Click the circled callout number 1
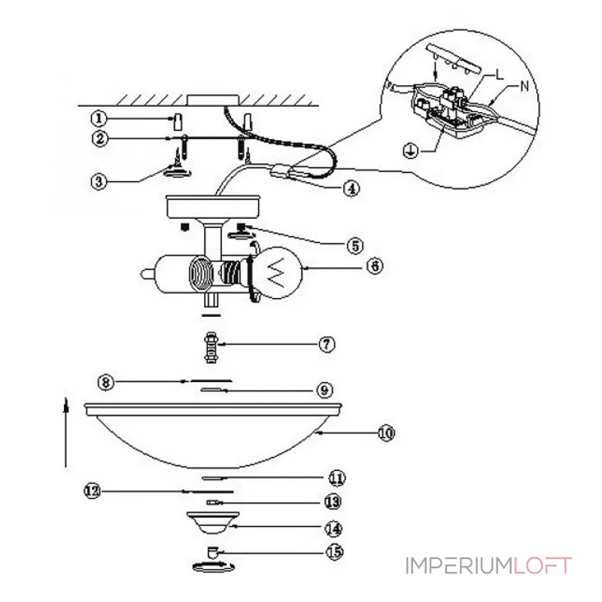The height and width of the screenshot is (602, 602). pos(99,118)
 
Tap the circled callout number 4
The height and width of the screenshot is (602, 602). pos(351,188)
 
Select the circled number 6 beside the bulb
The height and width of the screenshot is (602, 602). pos(375,266)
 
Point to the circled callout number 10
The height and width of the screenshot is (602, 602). pos(386,433)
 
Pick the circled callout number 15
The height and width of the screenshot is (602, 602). pos(334,552)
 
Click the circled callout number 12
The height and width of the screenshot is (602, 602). pos(92,491)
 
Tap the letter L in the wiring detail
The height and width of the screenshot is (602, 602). pos(499,74)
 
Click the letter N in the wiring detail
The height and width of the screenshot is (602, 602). pos(524,86)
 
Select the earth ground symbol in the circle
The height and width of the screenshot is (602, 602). pos(410,150)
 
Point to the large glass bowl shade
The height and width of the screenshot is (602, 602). pos(213,436)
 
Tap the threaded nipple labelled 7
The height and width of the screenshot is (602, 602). pos(211,348)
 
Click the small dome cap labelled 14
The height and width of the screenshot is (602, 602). pos(213,522)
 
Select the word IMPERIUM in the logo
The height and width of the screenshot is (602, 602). pos(459,566)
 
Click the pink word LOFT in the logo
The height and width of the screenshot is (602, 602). pos(543,566)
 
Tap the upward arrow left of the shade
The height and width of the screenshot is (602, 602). pos(66,433)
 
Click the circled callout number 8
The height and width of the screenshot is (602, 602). pos(106,382)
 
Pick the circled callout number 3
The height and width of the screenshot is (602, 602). pos(99,181)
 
